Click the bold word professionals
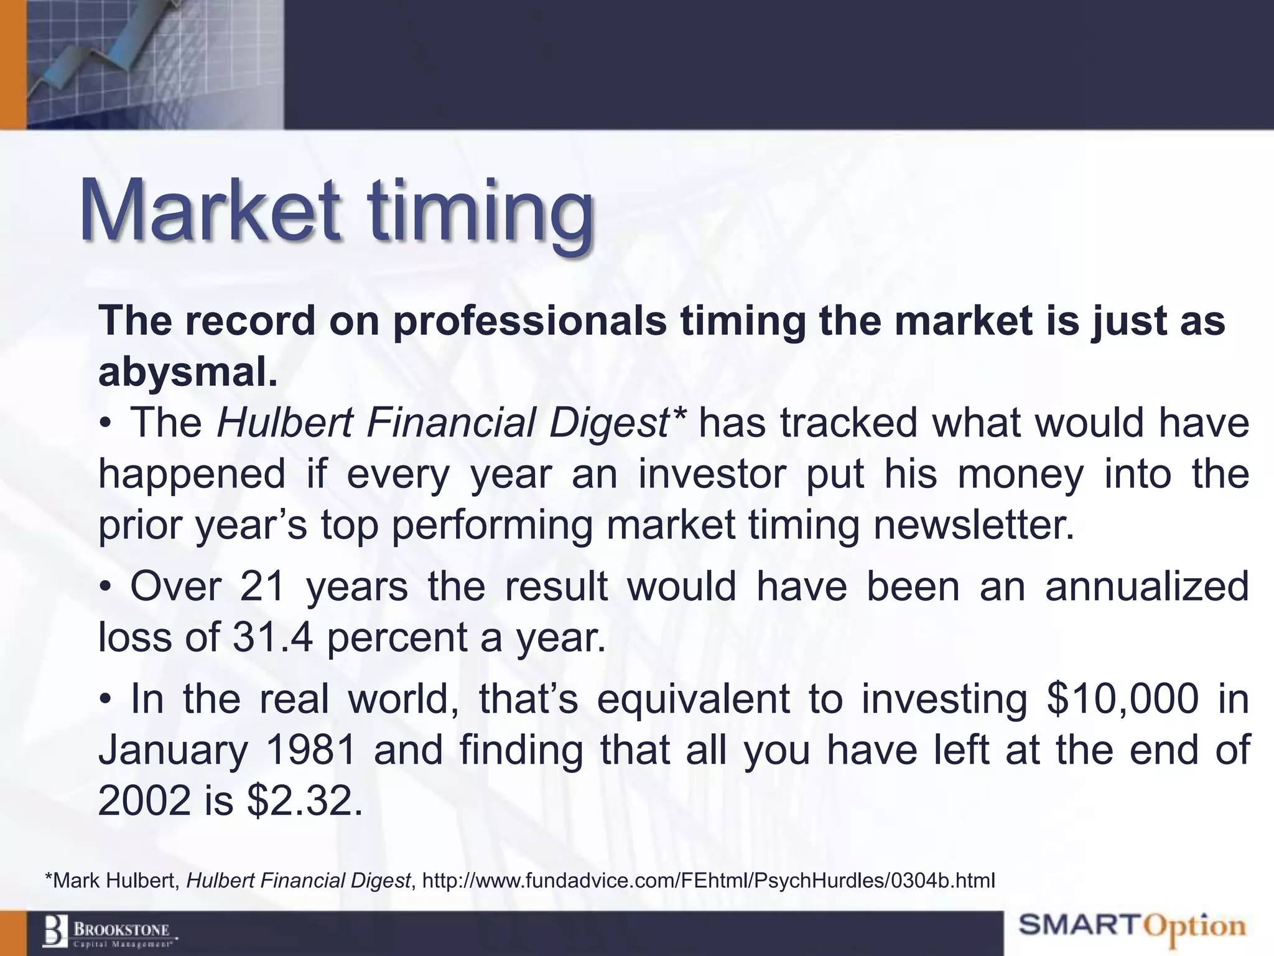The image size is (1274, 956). click(x=529, y=322)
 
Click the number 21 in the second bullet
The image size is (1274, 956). click(x=263, y=587)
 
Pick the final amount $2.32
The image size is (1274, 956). click(x=304, y=801)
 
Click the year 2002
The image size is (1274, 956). click(x=144, y=801)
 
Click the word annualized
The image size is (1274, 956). click(x=1146, y=587)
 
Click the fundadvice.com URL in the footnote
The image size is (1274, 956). click(x=709, y=881)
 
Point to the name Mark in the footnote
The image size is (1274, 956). click(x=80, y=881)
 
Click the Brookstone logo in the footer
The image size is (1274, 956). click(x=109, y=932)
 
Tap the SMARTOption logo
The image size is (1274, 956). click(x=1132, y=927)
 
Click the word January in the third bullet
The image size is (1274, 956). click(x=173, y=750)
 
